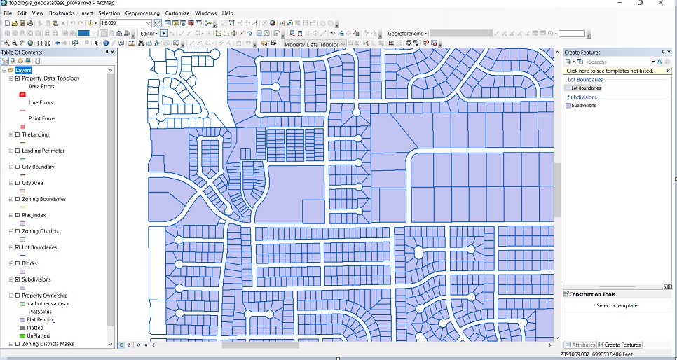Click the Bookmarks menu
tap(62, 13)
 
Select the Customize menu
tap(177, 13)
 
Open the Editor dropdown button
tap(149, 33)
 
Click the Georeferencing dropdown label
tap(407, 34)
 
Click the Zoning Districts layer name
tap(40, 231)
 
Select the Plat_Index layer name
tap(34, 215)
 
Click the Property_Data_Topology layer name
tap(50, 78)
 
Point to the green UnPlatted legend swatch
tap(22, 336)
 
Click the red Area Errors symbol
tap(22, 95)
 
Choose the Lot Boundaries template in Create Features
tap(585, 88)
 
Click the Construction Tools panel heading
tap(592, 295)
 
